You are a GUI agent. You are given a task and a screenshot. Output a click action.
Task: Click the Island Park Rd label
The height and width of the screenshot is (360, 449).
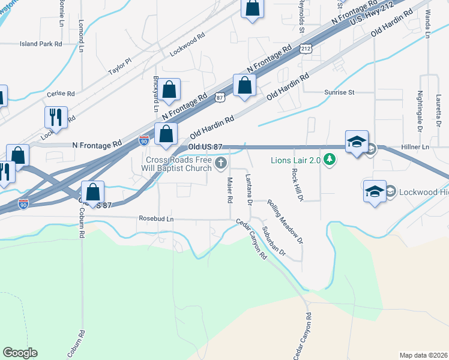point(41,44)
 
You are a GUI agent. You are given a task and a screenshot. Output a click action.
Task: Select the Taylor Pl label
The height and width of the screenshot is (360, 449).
point(119,67)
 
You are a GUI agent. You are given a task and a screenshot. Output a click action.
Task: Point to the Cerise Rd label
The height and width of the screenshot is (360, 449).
point(61,94)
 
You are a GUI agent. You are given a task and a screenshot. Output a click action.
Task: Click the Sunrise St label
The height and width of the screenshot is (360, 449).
point(340,92)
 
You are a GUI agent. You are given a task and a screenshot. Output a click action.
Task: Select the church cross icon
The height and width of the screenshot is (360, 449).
point(221,163)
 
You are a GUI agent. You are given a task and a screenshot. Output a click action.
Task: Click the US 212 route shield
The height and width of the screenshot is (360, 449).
point(306,47)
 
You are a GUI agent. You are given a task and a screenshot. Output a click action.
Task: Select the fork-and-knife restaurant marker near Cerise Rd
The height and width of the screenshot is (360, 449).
point(56,118)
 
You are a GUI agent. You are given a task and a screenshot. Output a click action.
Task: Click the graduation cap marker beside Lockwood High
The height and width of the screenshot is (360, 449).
point(375,192)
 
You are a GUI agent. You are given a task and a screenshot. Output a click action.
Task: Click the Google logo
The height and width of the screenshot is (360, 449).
point(20,353)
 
